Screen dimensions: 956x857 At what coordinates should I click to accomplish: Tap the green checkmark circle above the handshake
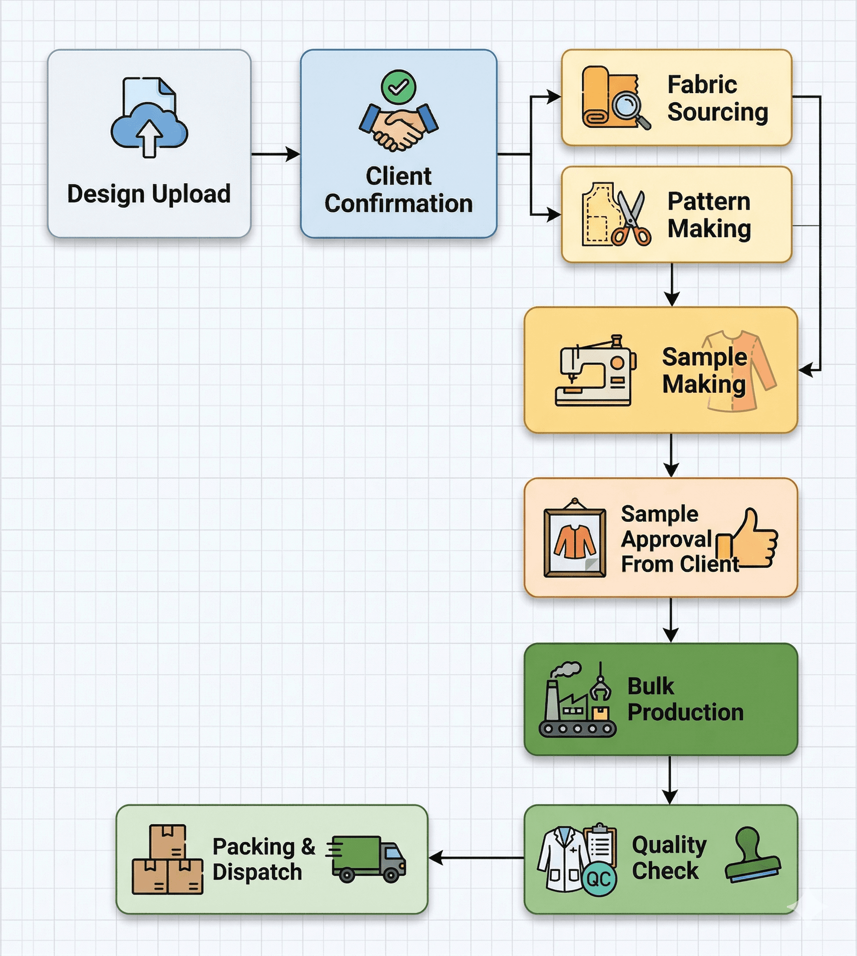click(x=398, y=87)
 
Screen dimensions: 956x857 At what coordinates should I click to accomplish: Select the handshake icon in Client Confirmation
click(x=399, y=127)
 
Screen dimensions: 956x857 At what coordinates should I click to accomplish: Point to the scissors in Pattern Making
click(x=632, y=219)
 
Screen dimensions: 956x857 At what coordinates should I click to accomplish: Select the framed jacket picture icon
click(x=574, y=537)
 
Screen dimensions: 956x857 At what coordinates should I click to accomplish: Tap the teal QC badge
click(x=599, y=879)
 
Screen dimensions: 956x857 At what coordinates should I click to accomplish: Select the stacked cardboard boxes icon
click(x=168, y=859)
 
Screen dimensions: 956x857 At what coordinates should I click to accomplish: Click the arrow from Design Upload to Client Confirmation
click(x=275, y=154)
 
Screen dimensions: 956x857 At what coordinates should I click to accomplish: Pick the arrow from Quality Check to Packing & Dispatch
click(x=475, y=858)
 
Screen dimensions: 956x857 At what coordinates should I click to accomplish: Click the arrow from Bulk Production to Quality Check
click(x=670, y=780)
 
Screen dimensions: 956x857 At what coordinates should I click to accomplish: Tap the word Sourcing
click(x=718, y=112)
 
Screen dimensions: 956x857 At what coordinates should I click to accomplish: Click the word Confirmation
click(x=398, y=203)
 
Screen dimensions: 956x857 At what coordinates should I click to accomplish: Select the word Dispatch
click(x=257, y=872)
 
